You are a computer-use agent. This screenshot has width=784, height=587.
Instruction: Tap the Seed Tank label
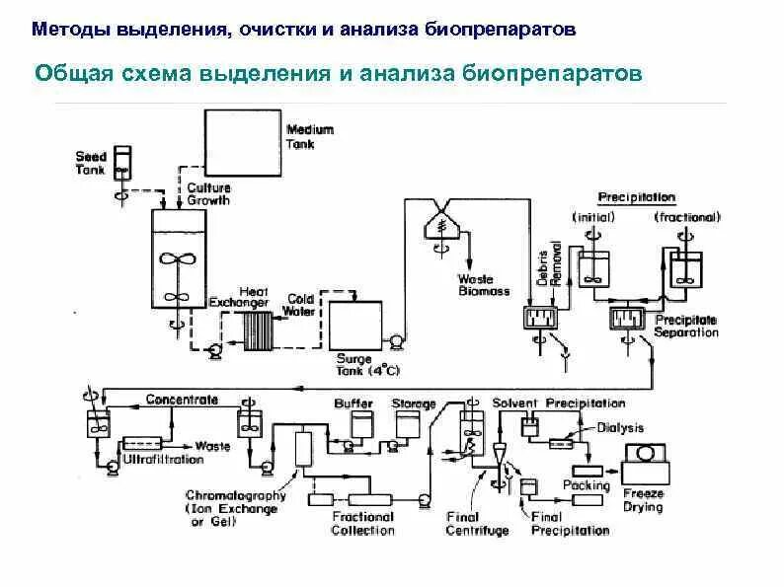pyautogui.click(x=90, y=163)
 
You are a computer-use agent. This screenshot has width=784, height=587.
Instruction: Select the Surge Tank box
pyautogui.click(x=353, y=323)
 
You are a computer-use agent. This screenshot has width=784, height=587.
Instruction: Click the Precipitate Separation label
pyautogui.click(x=686, y=327)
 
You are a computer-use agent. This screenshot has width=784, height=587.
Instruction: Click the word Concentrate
pyautogui.click(x=182, y=400)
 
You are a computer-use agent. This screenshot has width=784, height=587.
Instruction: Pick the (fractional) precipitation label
pyautogui.click(x=687, y=216)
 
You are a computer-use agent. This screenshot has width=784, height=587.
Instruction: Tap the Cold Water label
pyautogui.click(x=300, y=305)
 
